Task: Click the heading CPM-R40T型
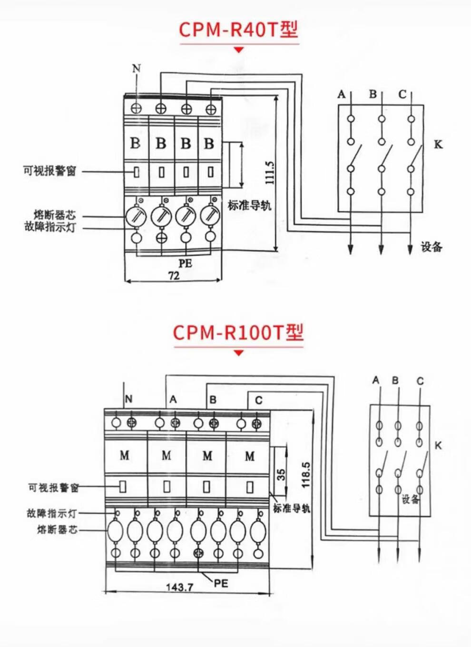pos(238,30)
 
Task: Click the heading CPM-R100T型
pos(238,332)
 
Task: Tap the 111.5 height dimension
pos(269,172)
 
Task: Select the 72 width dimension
pos(174,276)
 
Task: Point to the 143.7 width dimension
pos(179,587)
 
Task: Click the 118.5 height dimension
pos(306,474)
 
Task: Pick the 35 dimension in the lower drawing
pos(282,474)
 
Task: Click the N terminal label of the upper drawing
pos(137,69)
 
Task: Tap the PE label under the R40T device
pos(185,263)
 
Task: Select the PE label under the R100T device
pos(221,583)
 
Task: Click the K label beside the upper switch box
pos(438,144)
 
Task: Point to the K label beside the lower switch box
pos(438,446)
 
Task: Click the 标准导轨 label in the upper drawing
pos(249,206)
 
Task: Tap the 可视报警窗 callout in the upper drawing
pos(49,171)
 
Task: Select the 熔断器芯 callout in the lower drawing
pos(57,529)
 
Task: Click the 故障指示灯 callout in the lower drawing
pos(51,513)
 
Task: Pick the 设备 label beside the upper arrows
pos(432,247)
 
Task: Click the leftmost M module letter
pos(125,456)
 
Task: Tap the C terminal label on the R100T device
pos(258,400)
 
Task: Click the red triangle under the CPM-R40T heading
pos(239,50)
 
